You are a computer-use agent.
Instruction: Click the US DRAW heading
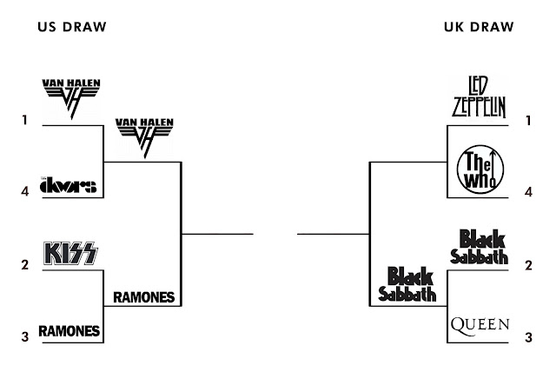72,27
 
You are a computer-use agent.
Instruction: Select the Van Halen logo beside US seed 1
71,97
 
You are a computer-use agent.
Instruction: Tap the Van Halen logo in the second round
144,136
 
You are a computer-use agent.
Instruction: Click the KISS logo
71,254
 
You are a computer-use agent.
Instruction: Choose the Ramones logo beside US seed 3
70,330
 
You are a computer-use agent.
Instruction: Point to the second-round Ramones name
144,297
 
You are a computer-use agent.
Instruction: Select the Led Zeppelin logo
480,97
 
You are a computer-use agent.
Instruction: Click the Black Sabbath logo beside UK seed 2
480,246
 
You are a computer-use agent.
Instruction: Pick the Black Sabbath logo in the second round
407,283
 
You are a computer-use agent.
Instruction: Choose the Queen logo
480,325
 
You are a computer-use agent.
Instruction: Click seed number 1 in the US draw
26,121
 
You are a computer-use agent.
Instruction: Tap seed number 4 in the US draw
26,191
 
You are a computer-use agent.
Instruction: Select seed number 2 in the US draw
26,264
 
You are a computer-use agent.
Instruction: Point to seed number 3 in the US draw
26,335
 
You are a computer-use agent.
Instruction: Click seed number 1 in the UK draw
528,121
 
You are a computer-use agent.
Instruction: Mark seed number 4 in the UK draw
528,191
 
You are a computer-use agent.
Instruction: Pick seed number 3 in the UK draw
528,335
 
